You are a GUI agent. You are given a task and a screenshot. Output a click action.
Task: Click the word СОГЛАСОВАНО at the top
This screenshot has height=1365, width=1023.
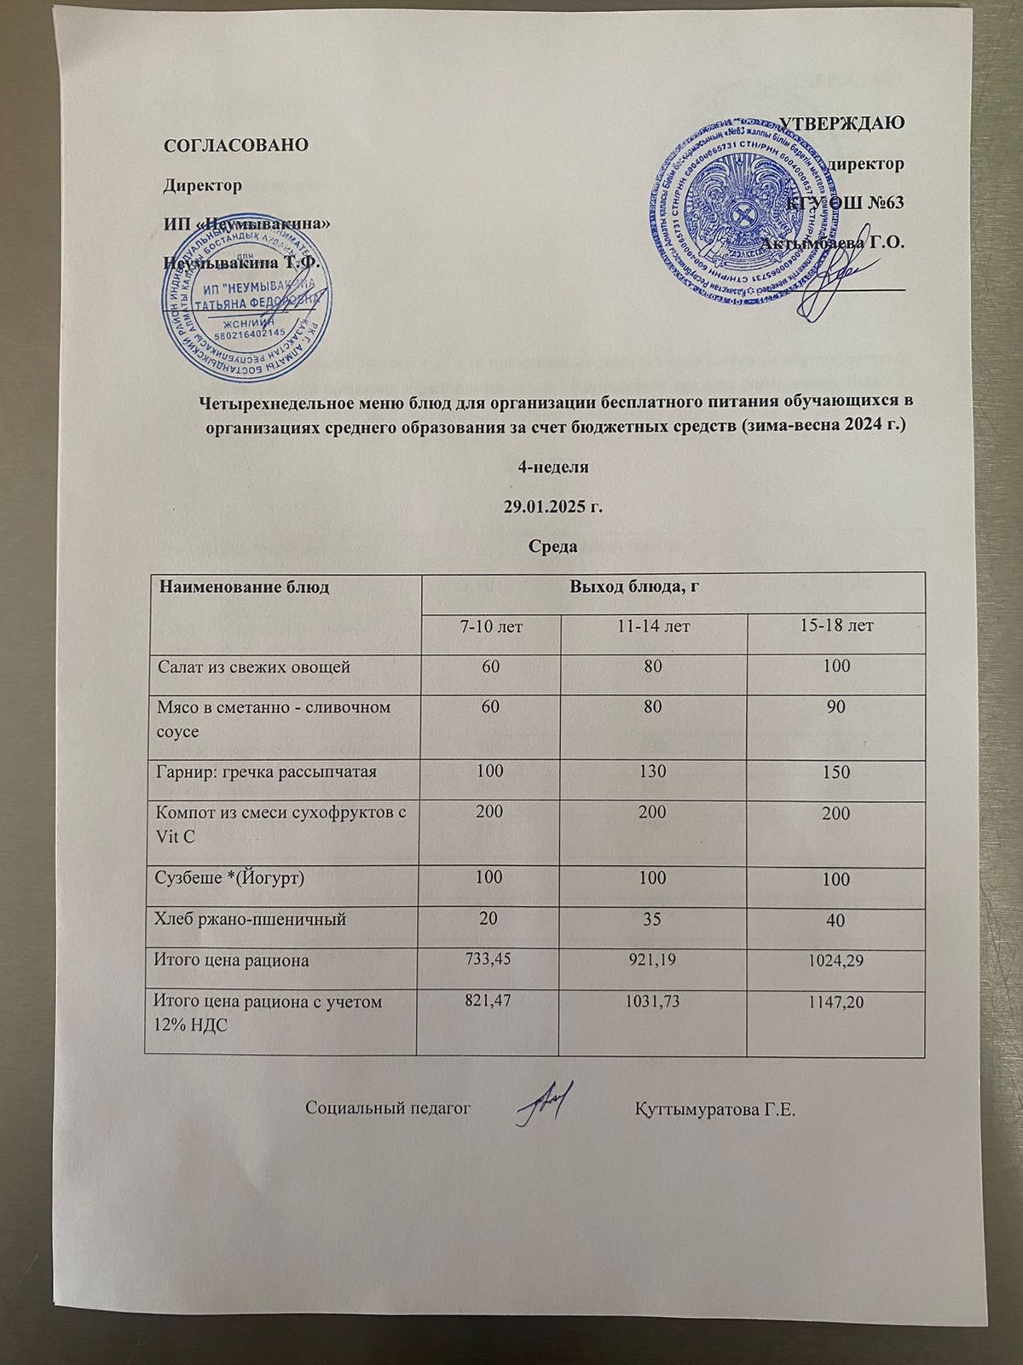pyautogui.click(x=235, y=144)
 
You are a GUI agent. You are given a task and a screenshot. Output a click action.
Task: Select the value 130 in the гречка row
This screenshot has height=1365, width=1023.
pyautogui.click(x=652, y=772)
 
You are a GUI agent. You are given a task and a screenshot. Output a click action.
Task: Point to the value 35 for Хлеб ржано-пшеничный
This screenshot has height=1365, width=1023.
pyautogui.click(x=652, y=919)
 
